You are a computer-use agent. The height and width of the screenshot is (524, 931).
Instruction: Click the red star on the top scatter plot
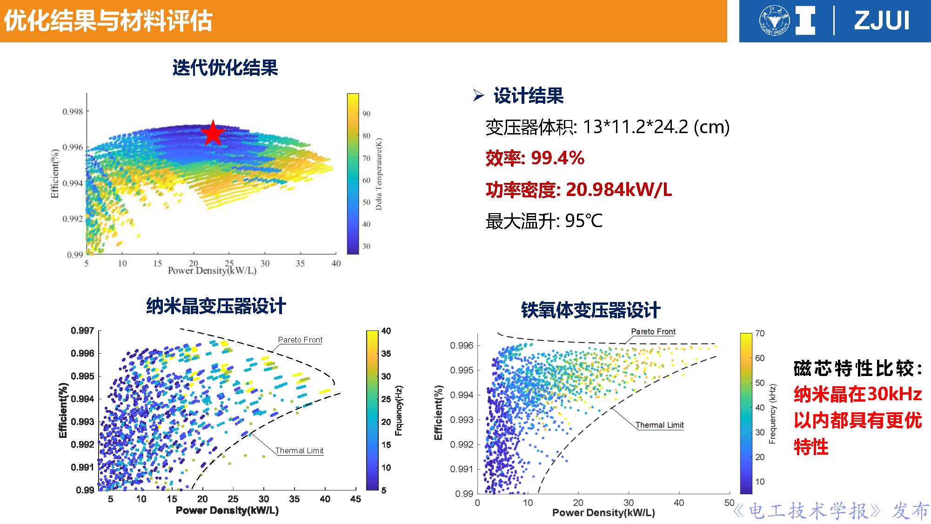[x=213, y=133]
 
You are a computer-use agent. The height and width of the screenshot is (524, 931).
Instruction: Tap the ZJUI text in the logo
[x=881, y=21]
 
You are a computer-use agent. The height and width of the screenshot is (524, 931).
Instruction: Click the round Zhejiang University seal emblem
[x=774, y=21]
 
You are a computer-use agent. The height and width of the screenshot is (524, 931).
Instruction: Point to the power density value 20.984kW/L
[x=618, y=190]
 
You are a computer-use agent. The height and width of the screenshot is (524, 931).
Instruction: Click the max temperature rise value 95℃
[x=583, y=221]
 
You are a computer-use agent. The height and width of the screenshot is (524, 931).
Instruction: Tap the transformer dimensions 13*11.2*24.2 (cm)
[x=656, y=127]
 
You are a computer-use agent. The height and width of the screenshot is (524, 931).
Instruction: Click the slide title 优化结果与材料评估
[x=108, y=21]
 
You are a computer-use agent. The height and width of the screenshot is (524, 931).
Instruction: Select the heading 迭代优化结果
[x=225, y=68]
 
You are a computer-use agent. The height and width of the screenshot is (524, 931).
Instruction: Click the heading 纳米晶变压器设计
[x=216, y=306]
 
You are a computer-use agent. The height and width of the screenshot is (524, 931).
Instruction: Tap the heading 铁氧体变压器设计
[x=590, y=310]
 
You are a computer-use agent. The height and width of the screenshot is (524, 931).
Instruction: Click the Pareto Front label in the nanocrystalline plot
[x=300, y=340]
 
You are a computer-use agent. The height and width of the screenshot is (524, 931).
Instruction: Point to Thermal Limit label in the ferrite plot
[x=659, y=425]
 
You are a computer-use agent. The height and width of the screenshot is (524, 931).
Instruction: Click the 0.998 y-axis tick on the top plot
[x=73, y=112]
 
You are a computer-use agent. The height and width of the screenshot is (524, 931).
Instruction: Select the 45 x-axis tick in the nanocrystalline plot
[x=355, y=499]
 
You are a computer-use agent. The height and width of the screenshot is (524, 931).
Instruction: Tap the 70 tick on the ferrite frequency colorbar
[x=760, y=333]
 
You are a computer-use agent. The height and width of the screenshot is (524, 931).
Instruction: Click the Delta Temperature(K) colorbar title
[x=379, y=174]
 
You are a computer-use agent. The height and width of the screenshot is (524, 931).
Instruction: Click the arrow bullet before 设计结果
[x=478, y=95]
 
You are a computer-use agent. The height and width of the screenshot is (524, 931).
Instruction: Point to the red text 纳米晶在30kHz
[x=857, y=394]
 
